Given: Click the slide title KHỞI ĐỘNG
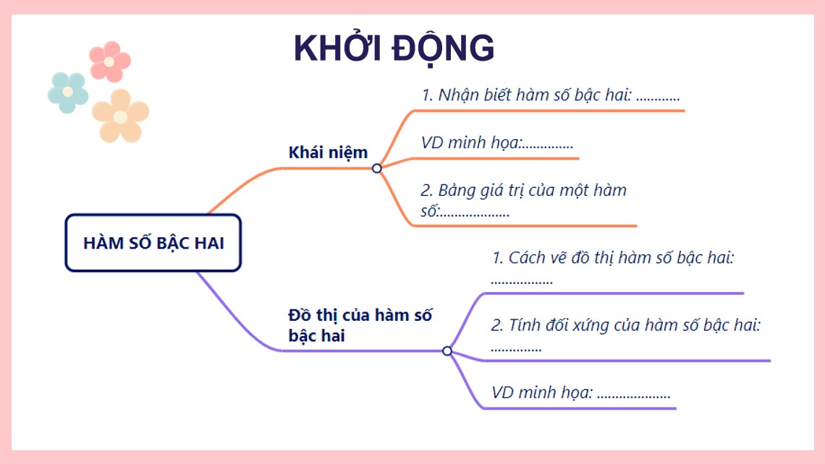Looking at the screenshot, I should point(394,49).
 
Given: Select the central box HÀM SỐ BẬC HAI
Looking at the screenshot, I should point(153,243).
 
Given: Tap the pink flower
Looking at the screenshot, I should point(109,61).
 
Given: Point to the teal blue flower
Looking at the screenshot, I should point(68,93).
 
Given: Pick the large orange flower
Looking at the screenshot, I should point(120,116).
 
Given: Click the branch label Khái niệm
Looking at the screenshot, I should point(328,152).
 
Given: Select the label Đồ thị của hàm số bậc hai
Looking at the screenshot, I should point(360,325).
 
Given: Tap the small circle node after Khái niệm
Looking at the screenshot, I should point(376,168).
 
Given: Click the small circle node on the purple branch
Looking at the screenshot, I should point(447,351).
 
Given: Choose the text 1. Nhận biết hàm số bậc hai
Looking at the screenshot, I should point(550,95).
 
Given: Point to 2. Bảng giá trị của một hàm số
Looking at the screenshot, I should point(522,200).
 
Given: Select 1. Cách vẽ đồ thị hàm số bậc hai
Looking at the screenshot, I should point(613,258).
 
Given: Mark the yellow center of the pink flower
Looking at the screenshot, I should point(109,61).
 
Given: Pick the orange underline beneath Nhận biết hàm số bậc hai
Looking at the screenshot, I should point(550,111).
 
